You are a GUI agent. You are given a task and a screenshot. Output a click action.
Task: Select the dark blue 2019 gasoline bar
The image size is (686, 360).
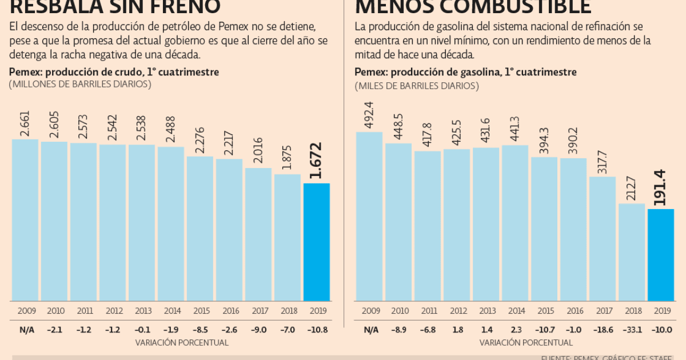click(x=660, y=255)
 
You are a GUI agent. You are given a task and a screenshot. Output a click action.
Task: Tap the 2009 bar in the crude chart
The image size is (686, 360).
click(x=25, y=220)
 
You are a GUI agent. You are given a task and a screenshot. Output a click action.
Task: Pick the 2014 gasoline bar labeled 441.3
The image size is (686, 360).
click(x=514, y=223)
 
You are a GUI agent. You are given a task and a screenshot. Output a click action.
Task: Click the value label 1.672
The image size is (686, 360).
click(x=316, y=161)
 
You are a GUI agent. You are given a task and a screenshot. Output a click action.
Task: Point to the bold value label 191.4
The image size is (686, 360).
click(x=660, y=187)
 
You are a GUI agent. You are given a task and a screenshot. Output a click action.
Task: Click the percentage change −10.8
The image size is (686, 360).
click(x=316, y=330)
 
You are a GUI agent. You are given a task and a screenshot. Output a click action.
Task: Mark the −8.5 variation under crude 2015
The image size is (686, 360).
click(x=200, y=330)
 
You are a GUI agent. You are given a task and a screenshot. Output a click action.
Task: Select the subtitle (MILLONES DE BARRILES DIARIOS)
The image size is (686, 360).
click(x=80, y=84)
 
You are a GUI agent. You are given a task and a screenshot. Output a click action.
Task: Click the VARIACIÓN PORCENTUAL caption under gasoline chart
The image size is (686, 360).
click(x=526, y=343)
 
